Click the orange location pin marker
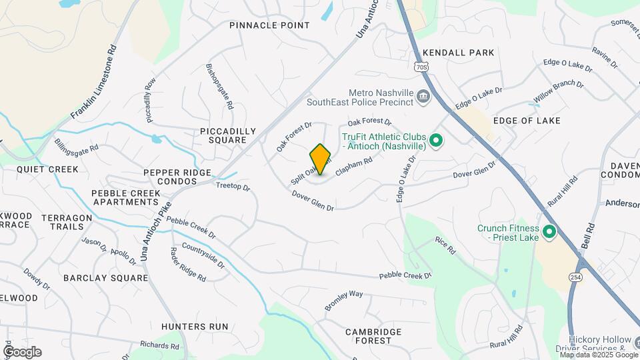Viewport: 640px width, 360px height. tap(321, 159)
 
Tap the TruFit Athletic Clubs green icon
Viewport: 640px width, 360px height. tap(436, 141)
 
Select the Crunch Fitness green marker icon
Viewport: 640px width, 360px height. tap(549, 233)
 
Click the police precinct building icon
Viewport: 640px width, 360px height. tap(423, 97)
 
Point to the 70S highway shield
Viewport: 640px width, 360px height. tap(420, 67)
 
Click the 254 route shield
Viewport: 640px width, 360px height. tap(575, 277)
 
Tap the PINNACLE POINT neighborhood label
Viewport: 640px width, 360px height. tap(269, 25)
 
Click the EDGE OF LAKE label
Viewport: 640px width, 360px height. tap(527, 121)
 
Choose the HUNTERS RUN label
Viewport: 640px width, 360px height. tap(195, 327)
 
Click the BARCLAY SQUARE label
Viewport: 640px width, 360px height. tap(105, 277)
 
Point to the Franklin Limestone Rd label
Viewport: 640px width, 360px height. tap(93, 83)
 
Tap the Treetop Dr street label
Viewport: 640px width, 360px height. tap(233, 187)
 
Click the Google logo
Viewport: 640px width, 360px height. tap(22, 352)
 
